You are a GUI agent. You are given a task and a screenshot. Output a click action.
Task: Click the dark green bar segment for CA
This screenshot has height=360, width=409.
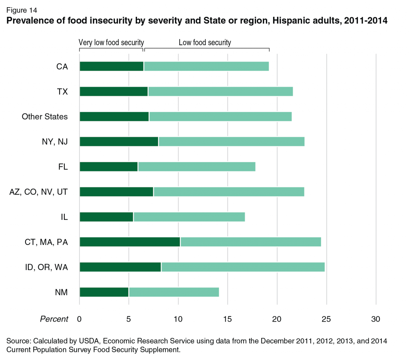[x=111, y=66]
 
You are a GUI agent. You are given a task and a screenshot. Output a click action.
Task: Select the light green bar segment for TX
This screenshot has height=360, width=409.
[x=220, y=91]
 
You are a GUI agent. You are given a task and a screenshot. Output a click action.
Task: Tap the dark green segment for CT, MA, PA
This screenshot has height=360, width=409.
[x=130, y=242]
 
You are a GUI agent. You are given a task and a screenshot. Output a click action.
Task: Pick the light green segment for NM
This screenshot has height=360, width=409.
[x=174, y=292]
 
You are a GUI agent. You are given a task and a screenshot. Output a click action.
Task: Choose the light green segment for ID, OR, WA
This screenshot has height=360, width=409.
[x=243, y=267]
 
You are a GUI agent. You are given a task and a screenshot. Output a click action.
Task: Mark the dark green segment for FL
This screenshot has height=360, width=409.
[x=109, y=167]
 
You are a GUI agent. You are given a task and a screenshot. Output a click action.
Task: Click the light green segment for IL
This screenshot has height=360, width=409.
[x=189, y=217]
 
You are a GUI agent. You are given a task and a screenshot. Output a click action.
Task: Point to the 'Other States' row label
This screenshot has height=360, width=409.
[x=45, y=117]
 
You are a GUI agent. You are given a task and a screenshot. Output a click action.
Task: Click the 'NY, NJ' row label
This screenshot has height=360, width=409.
[x=55, y=142]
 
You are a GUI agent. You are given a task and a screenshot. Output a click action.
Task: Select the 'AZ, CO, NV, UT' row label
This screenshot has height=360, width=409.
[x=38, y=192]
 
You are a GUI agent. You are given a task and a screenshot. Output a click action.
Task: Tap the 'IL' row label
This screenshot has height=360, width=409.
[x=64, y=217]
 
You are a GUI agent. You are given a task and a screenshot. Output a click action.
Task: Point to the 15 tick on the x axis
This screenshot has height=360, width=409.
[x=228, y=319]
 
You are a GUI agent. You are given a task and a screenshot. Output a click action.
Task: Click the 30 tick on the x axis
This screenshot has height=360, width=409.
[x=376, y=319]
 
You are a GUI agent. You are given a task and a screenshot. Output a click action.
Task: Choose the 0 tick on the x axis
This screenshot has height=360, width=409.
[x=79, y=319]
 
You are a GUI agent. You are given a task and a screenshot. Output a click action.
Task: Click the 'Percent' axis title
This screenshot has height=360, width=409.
[x=54, y=319]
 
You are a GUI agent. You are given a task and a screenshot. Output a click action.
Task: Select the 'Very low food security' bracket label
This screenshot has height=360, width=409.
[x=111, y=42]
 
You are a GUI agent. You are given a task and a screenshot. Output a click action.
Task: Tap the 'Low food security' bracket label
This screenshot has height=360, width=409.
[x=204, y=42]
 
